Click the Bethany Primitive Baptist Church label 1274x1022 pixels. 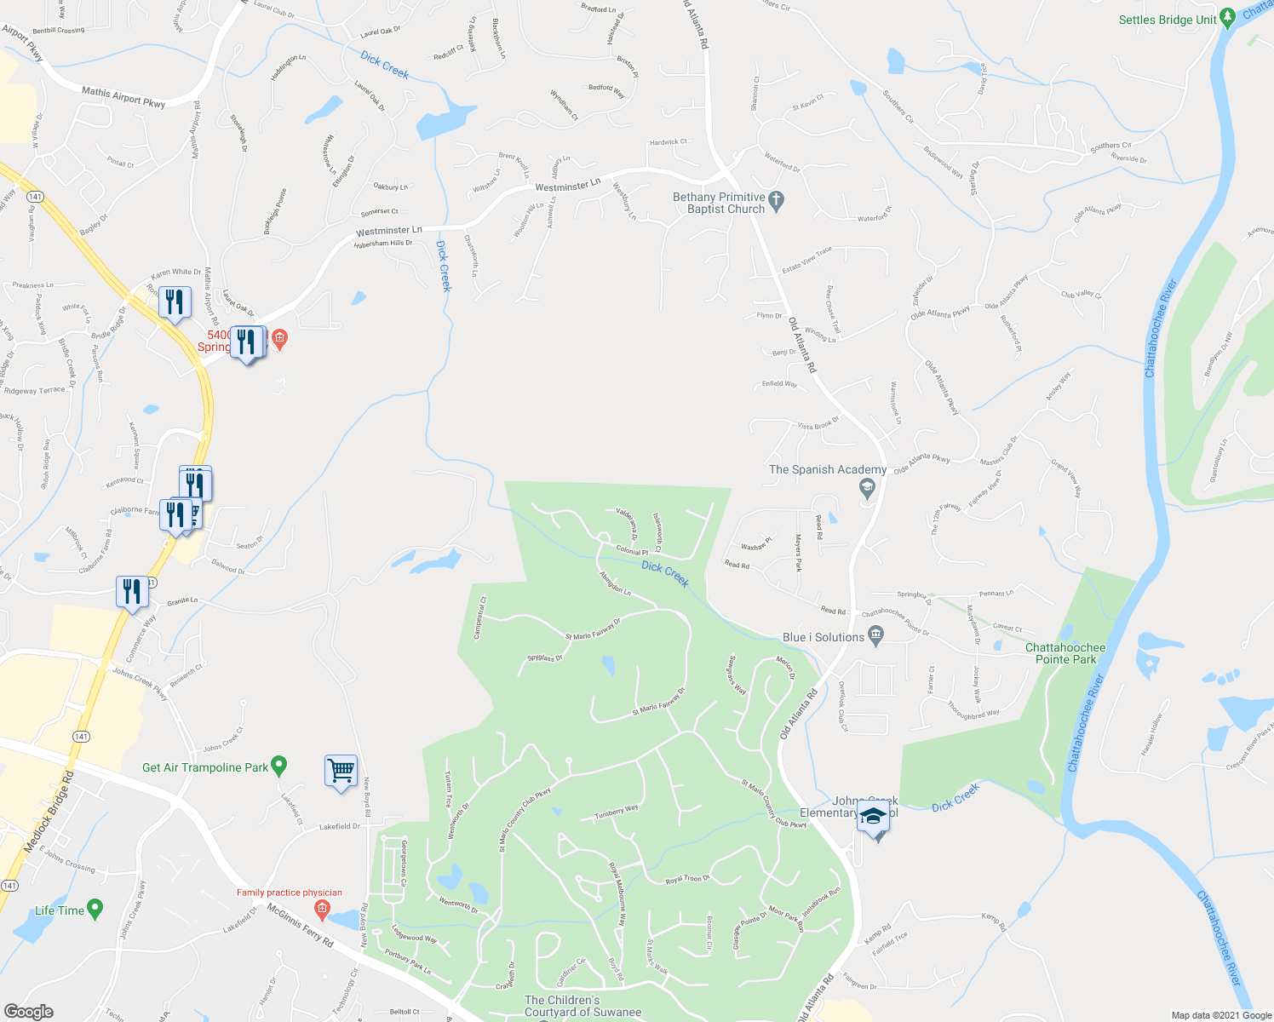point(720,203)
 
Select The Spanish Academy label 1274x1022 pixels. point(827,469)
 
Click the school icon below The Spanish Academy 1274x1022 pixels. point(867,489)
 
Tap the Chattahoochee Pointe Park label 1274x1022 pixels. point(1065,653)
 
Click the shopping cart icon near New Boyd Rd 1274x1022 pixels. point(341,771)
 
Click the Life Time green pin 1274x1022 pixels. point(95,910)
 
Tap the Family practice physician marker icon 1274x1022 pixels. point(322,910)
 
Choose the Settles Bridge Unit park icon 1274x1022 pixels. point(1227,17)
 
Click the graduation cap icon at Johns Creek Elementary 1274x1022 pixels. point(873,817)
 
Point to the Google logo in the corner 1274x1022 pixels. point(28,1012)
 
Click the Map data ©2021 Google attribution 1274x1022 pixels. point(1220,1015)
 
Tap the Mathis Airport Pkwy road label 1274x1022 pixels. point(123,97)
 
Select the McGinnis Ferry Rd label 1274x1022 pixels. point(300,926)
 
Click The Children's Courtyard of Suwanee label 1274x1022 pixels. point(582,1006)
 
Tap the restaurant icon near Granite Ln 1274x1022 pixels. point(131,591)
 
